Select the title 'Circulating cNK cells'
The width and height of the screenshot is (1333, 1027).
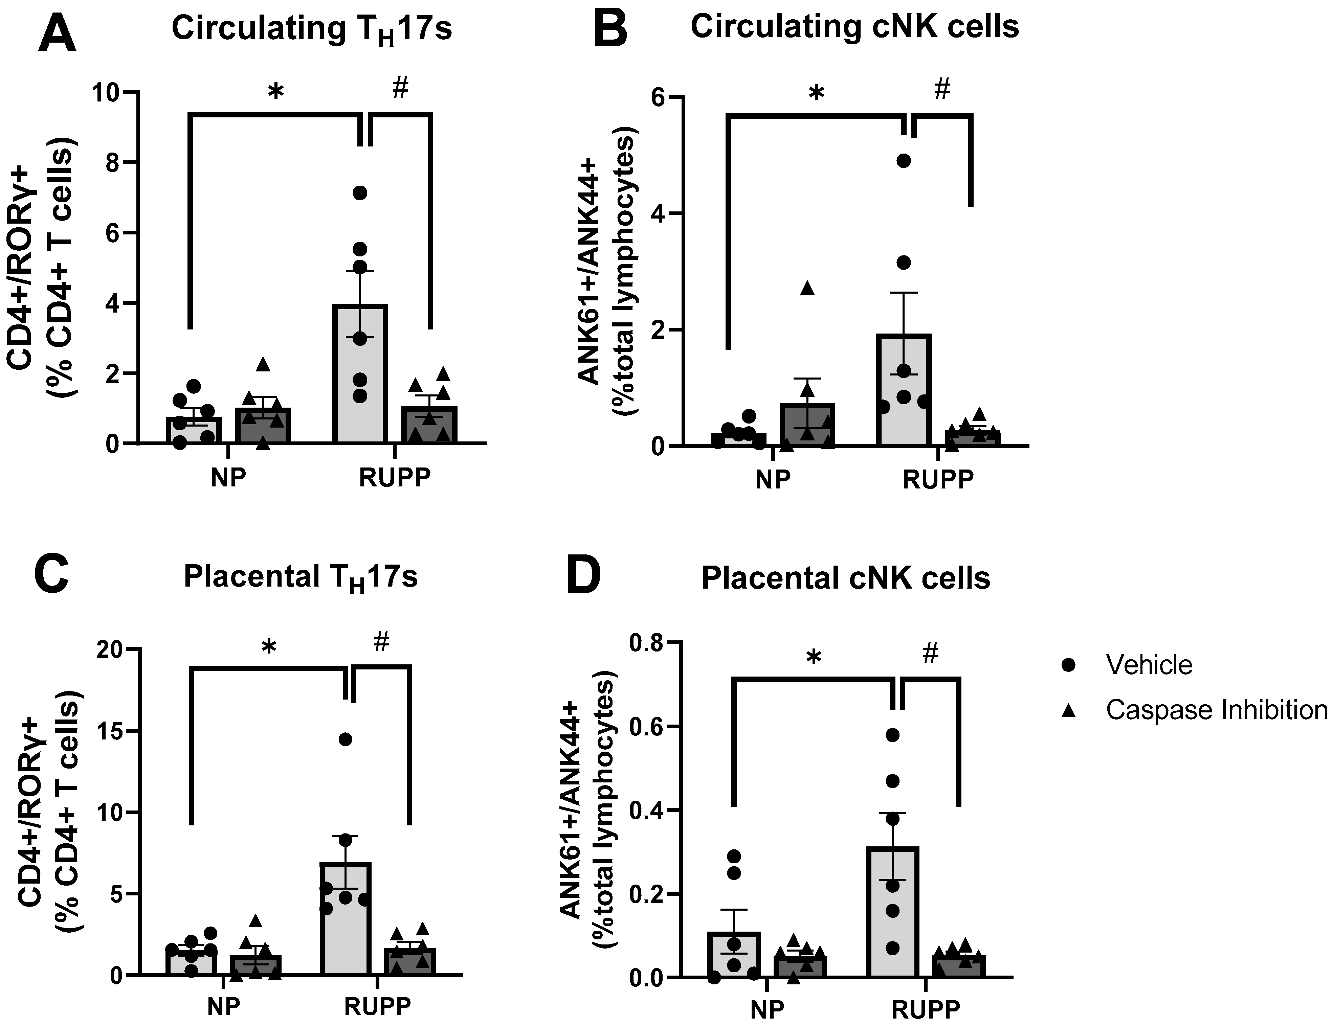(x=854, y=27)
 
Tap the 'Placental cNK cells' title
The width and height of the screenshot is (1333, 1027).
(x=845, y=577)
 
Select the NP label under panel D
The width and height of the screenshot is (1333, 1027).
(x=767, y=1009)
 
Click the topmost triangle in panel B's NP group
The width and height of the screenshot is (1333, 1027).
(x=807, y=289)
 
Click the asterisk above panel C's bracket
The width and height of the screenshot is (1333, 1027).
(x=269, y=647)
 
